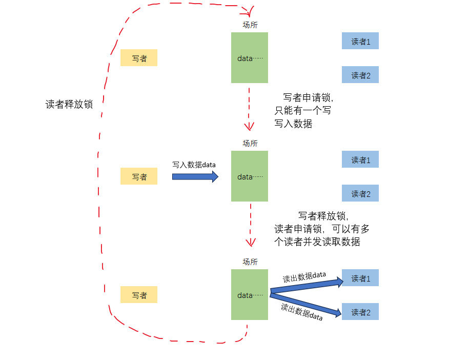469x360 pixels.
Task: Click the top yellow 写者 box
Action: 138,58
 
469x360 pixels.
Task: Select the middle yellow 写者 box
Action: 138,176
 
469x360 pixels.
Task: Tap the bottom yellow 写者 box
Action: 138,295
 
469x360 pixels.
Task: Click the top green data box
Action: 249,57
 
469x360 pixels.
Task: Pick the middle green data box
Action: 249,176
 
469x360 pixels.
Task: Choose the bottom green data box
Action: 249,294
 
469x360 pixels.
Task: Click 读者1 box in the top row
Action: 360,41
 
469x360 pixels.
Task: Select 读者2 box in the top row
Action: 360,75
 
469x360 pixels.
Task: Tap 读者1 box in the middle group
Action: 360,159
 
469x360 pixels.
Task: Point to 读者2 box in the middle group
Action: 360,193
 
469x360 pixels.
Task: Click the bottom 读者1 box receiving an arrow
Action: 360,278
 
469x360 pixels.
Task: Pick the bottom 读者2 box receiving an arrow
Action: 360,312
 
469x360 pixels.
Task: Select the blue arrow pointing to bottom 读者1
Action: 306,286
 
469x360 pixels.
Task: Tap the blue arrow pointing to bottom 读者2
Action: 306,303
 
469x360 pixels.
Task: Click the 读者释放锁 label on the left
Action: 69,104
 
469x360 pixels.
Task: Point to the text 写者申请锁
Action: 308,97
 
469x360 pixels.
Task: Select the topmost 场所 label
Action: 250,25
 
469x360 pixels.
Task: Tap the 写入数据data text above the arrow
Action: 194,165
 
